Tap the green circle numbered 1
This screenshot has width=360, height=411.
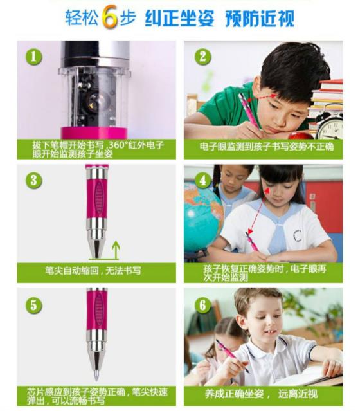pyautogui.click(x=33, y=57)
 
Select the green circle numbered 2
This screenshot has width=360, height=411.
pyautogui.click(x=203, y=57)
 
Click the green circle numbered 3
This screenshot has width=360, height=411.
pyautogui.click(x=33, y=180)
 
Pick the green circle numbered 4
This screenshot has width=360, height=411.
pyautogui.click(x=203, y=180)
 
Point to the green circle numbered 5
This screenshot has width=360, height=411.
pyautogui.click(x=33, y=305)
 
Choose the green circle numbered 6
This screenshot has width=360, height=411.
pyautogui.click(x=203, y=305)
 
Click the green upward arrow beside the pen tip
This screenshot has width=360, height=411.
pyautogui.click(x=116, y=250)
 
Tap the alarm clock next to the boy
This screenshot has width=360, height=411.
pyautogui.click(x=329, y=126)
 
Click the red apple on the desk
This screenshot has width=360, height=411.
pyautogui.click(x=300, y=136)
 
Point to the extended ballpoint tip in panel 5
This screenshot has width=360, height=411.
pyautogui.click(x=96, y=375)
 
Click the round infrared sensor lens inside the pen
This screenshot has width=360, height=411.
pyautogui.click(x=96, y=101)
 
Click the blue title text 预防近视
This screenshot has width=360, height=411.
pyautogui.click(x=259, y=19)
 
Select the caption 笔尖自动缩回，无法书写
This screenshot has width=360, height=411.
pyautogui.click(x=93, y=270)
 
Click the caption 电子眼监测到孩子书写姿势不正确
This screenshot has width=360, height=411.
pyautogui.click(x=267, y=147)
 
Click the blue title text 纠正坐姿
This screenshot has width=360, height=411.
pyautogui.click(x=179, y=19)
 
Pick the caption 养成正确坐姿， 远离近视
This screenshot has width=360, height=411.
pyautogui.click(x=261, y=394)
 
